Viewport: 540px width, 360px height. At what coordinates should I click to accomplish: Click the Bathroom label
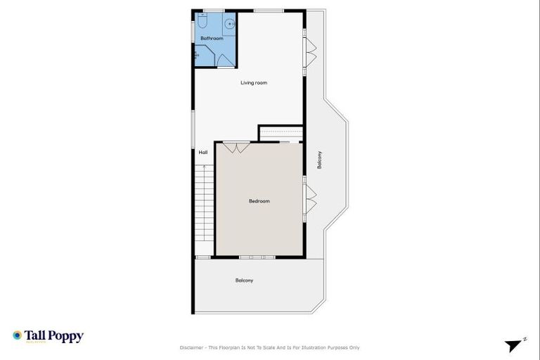212,39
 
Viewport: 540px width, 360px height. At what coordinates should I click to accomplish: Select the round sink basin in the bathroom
229,24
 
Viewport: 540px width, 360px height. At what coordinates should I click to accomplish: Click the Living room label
254,83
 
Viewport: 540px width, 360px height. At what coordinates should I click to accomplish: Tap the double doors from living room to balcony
309,51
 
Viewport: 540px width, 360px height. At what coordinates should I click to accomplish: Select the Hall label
203,152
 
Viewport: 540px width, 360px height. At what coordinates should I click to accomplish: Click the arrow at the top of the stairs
204,167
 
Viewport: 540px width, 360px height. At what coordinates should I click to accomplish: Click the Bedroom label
259,201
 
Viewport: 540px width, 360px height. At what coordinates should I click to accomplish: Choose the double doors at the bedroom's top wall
236,148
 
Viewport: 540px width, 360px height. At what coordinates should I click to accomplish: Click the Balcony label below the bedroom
244,281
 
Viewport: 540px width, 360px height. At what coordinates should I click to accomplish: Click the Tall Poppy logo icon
17,335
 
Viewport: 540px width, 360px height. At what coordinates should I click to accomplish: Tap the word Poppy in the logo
68,336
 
